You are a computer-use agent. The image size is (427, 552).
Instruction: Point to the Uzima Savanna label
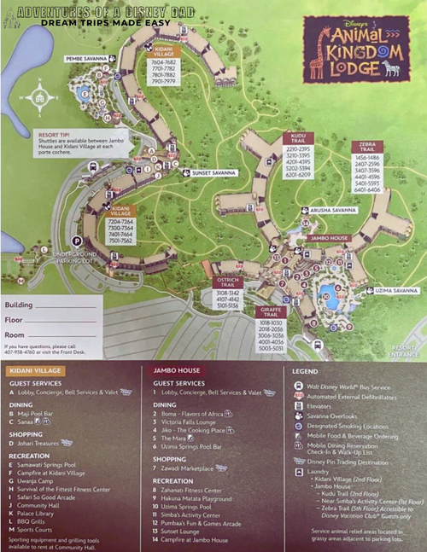pos(394,291)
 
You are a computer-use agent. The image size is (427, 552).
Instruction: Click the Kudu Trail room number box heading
pos(298,137)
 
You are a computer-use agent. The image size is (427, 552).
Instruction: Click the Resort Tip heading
pos(50,135)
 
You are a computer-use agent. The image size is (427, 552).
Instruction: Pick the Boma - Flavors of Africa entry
pos(193,414)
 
